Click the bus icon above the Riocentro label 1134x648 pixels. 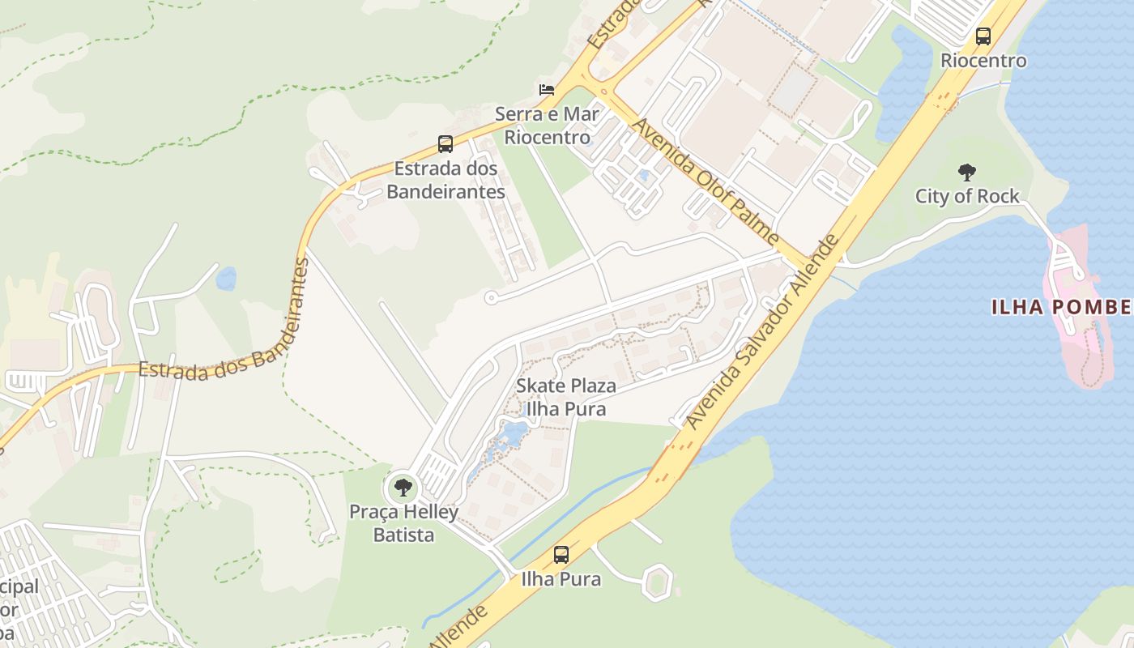(983, 36)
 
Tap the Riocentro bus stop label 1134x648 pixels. (983, 61)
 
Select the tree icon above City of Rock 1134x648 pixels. (966, 172)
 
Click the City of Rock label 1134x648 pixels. (967, 196)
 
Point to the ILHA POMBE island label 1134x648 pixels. (1061, 307)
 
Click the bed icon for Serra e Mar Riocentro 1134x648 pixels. (547, 89)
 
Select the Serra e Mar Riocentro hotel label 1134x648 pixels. (547, 126)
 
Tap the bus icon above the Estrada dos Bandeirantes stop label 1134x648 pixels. (445, 144)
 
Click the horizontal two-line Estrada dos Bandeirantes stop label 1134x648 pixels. (446, 181)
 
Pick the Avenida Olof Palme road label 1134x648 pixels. (705, 182)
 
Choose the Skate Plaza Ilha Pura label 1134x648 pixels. (565, 397)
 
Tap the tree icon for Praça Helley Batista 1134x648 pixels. (403, 488)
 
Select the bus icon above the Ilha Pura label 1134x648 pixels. (561, 555)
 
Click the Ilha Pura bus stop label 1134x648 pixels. (561, 579)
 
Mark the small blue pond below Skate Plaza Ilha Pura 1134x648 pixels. (512, 436)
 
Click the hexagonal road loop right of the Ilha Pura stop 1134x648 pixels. (657, 581)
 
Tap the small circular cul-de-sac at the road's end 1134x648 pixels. (490, 298)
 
